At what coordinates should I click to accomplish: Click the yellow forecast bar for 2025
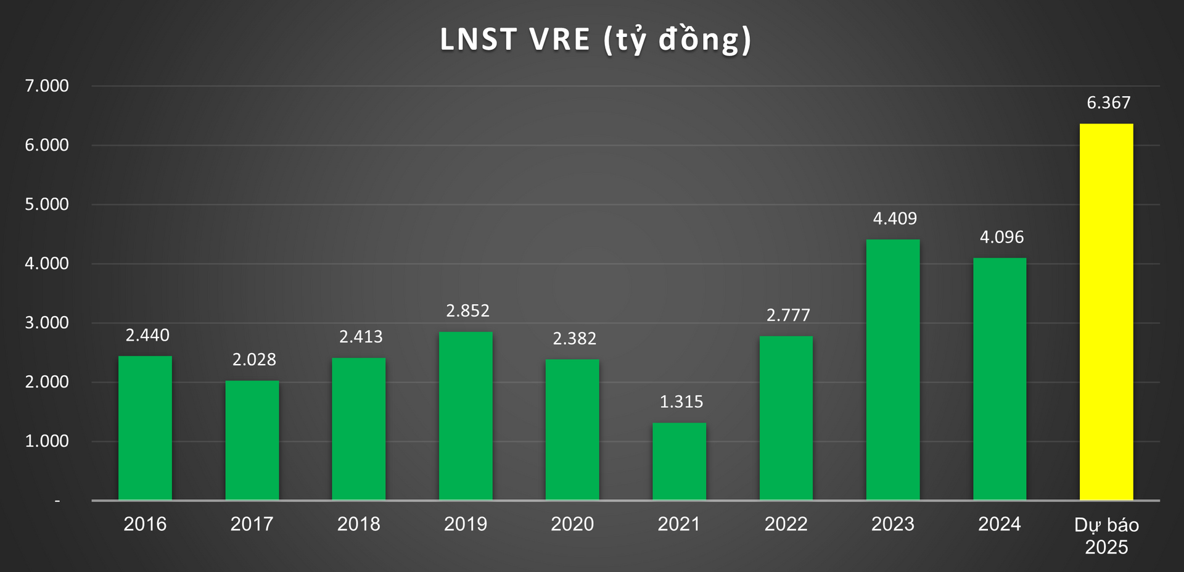click(1106, 312)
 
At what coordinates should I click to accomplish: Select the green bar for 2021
click(679, 461)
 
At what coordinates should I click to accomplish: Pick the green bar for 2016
click(145, 428)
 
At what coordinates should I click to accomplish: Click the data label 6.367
click(1108, 102)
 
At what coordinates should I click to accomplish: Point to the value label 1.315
click(681, 402)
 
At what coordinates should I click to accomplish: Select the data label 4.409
click(894, 218)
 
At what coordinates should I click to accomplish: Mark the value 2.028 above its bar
click(253, 360)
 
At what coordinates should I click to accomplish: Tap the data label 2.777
click(787, 315)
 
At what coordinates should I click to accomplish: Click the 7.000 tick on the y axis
click(47, 86)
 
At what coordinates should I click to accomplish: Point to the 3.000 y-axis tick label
click(47, 323)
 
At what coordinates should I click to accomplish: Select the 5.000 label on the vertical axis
click(47, 204)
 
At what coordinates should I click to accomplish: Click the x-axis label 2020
click(572, 524)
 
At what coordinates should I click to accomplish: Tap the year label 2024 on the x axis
click(999, 524)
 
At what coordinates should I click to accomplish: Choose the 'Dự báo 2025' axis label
click(1106, 536)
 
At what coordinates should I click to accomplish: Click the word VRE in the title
click(559, 39)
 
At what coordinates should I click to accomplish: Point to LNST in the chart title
click(478, 39)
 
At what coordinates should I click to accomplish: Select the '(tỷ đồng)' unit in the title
click(677, 39)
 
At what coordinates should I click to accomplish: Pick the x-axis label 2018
click(358, 524)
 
